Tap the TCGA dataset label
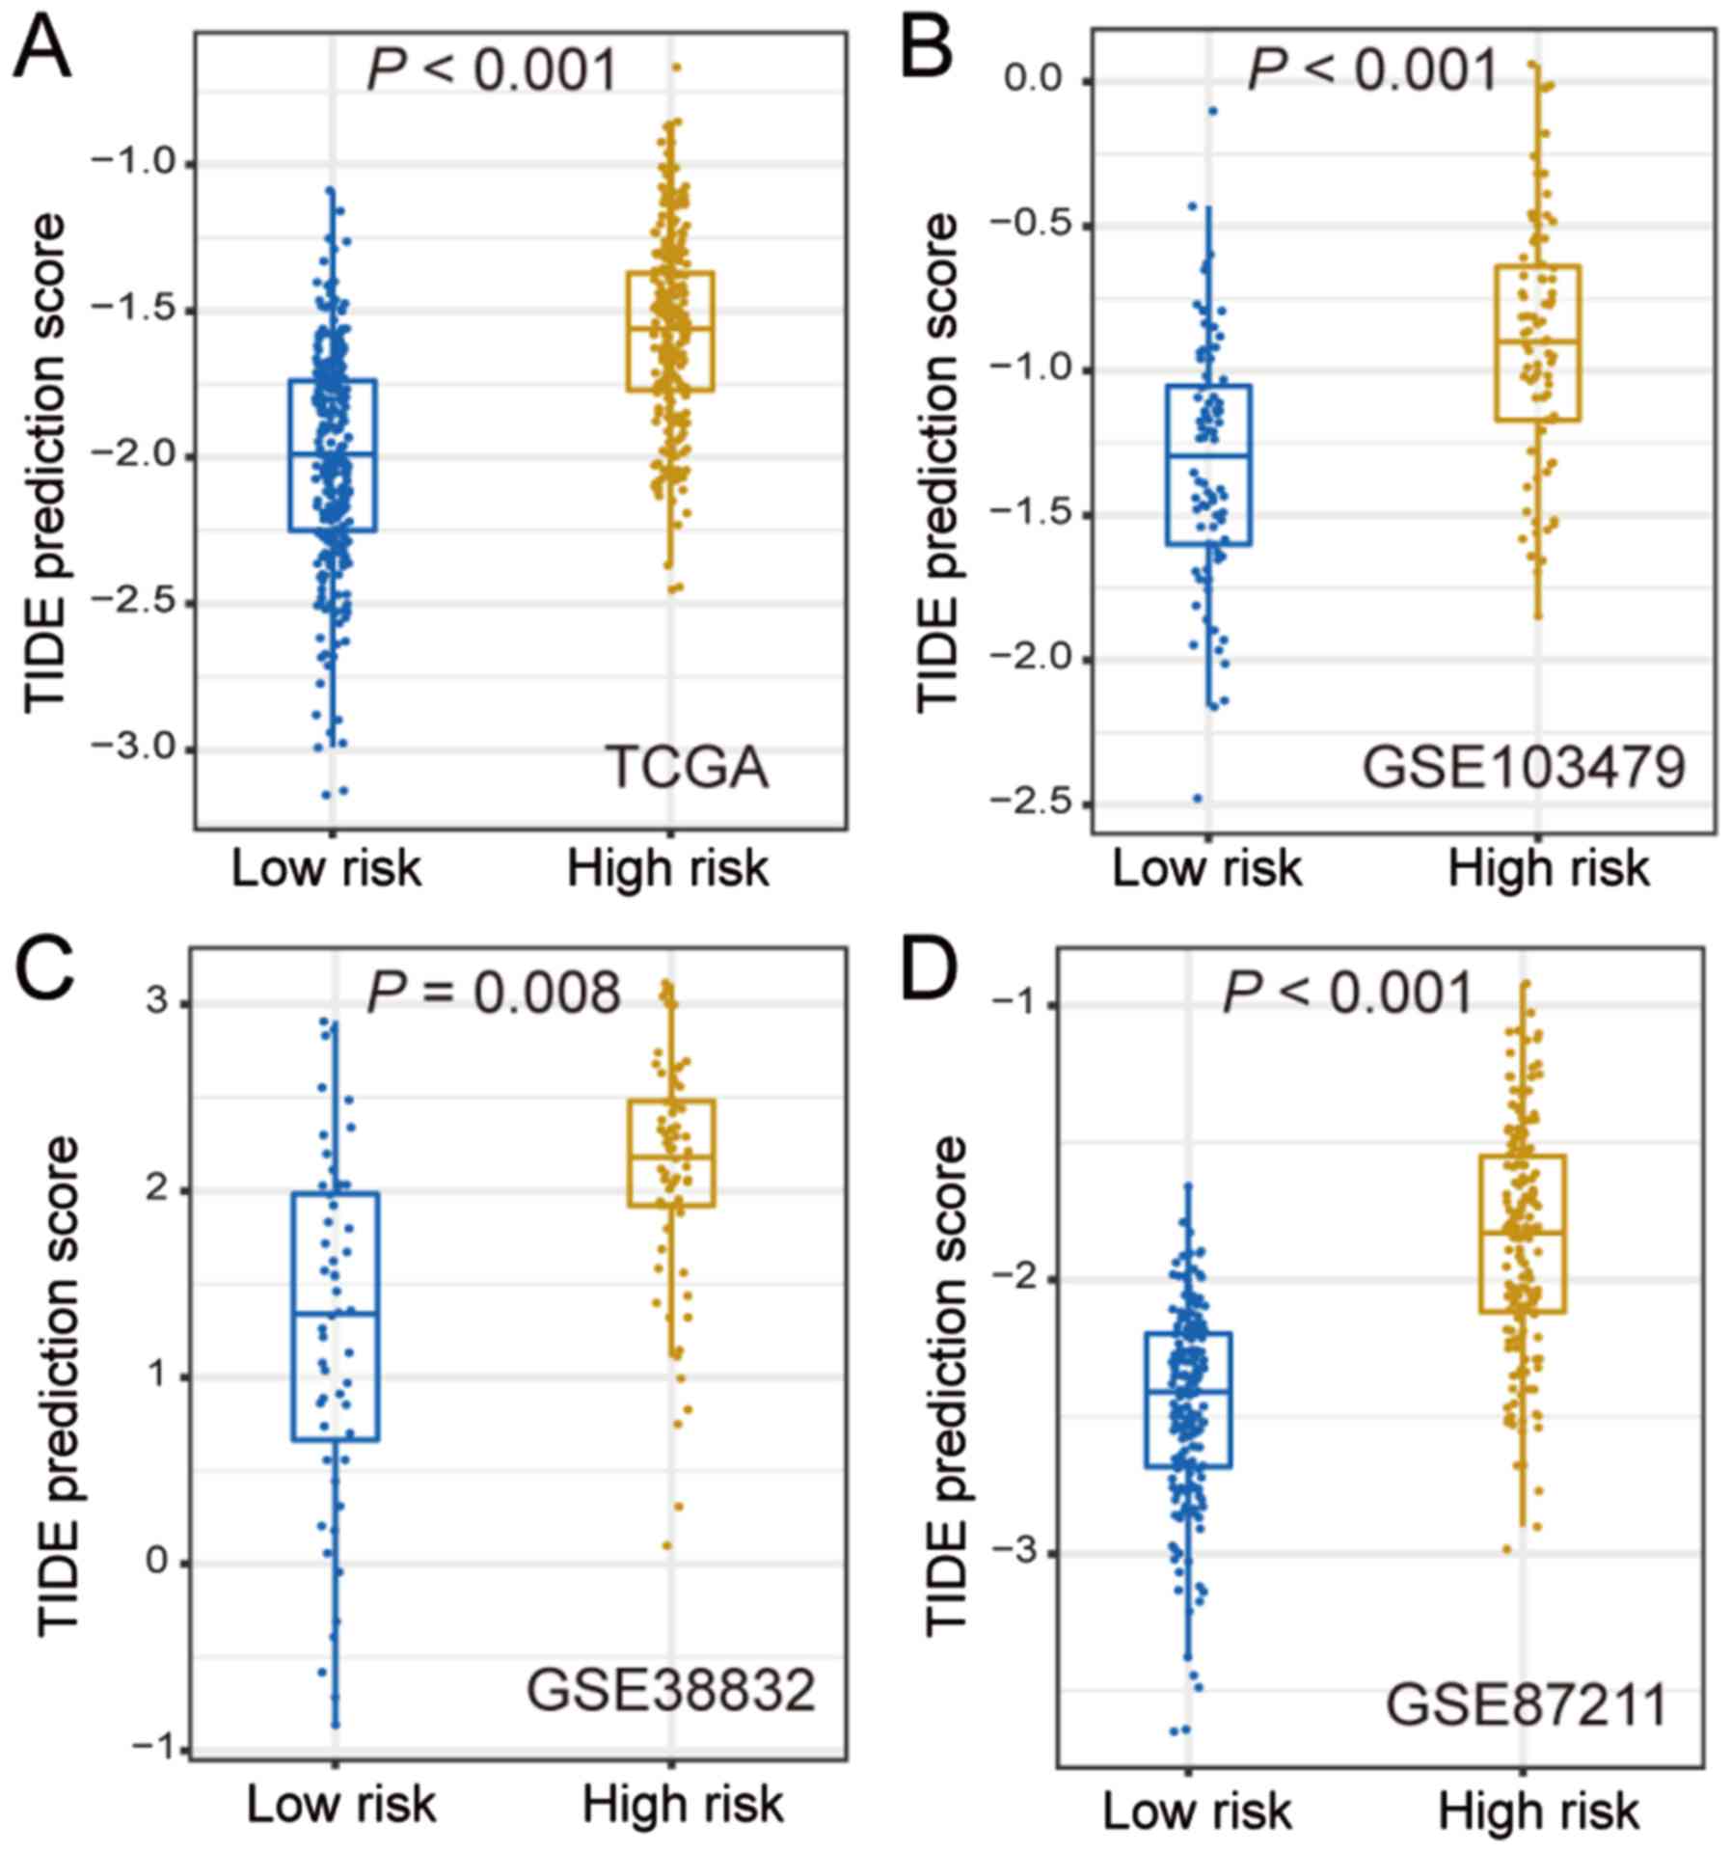687,769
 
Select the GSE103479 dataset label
1524,769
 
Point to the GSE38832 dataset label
671,1690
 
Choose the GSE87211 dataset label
1527,1704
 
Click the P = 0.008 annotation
494,993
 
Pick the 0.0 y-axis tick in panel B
1033,80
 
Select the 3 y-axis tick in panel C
156,1002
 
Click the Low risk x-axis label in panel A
326,868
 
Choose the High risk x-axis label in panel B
1548,868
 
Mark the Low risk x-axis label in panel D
1196,1811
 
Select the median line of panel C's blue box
335,1313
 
